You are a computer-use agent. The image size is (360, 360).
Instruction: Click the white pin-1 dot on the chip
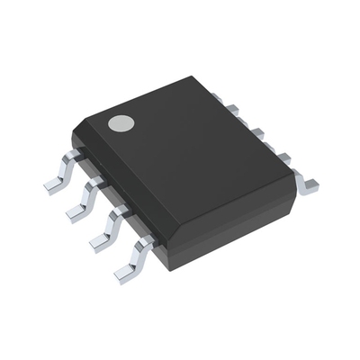click(x=121, y=124)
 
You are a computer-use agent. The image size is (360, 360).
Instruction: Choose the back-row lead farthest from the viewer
click(x=231, y=110)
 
